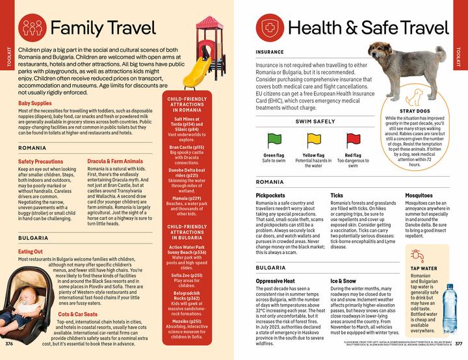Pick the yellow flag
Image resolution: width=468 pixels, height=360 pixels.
(x=313, y=138)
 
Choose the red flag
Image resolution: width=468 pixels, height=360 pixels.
(x=353, y=138)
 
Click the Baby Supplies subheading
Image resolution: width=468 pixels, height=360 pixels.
(x=35, y=103)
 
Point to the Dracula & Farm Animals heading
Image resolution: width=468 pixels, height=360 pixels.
(x=115, y=161)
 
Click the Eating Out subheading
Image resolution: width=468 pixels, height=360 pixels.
(x=31, y=251)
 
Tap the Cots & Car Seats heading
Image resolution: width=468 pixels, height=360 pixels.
(x=77, y=314)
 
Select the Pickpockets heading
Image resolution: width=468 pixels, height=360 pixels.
(x=270, y=195)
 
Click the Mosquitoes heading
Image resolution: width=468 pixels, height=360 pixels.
(x=419, y=195)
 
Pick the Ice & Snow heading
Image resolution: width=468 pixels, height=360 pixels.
(x=343, y=281)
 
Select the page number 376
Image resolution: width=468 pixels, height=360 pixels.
(x=9, y=343)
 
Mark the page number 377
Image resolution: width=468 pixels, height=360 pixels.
(x=458, y=343)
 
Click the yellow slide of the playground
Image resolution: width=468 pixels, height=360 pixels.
(x=200, y=68)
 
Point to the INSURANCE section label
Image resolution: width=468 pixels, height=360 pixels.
(x=270, y=51)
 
